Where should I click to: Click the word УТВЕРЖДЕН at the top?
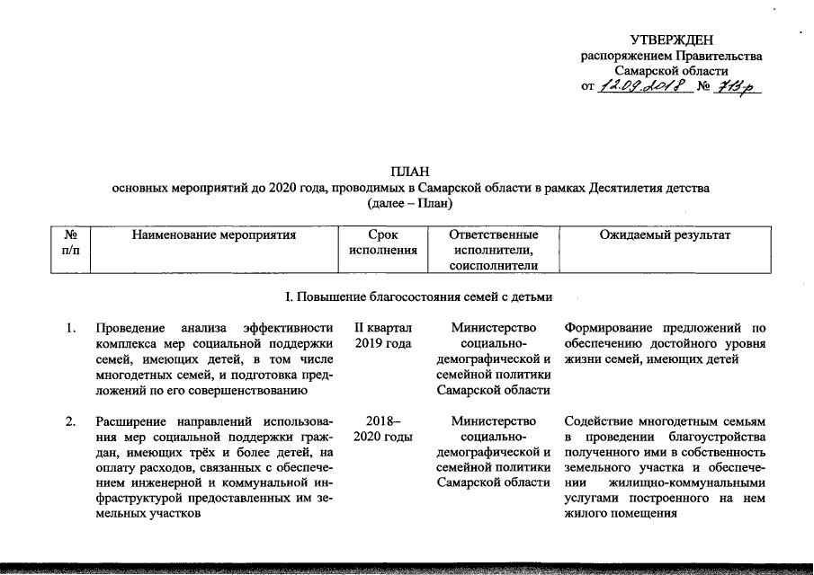[x=671, y=40]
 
